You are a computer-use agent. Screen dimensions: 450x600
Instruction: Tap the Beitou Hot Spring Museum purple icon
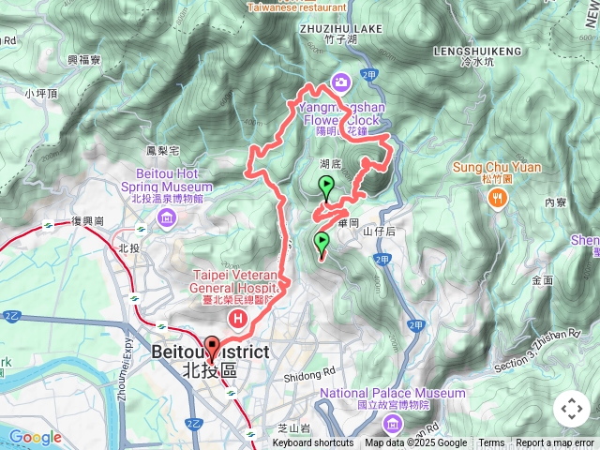(x=166, y=219)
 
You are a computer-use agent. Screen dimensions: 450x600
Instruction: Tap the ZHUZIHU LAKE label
(x=341, y=29)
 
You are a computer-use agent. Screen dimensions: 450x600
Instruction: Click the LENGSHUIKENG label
(x=476, y=50)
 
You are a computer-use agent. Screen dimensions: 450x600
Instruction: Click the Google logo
(x=36, y=437)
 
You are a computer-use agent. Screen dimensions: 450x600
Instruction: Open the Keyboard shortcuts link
(x=313, y=443)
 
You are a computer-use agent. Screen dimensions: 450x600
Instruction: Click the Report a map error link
(x=555, y=443)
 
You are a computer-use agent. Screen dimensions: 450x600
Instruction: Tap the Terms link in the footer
(x=491, y=443)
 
